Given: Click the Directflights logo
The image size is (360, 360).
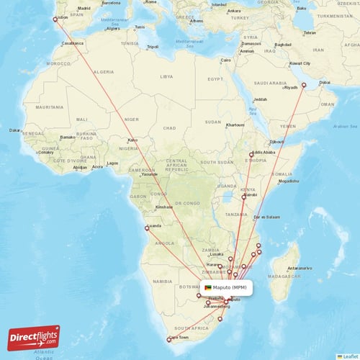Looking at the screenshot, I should [x=34, y=336].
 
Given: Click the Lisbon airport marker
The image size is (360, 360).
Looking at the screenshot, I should [x=55, y=19].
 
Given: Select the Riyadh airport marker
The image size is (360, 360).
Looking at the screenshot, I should [x=303, y=86].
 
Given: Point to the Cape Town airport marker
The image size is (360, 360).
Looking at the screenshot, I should [x=168, y=340].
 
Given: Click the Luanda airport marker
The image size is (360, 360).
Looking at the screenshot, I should [x=147, y=228].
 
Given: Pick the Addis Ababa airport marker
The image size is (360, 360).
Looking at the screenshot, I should [x=251, y=155].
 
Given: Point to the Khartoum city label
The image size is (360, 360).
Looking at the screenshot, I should [x=235, y=125].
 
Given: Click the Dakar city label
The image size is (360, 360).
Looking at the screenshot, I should [x=14, y=130].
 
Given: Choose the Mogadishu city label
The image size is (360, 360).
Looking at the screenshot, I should [x=288, y=181].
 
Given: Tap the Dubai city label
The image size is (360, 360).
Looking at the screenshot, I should [x=325, y=82].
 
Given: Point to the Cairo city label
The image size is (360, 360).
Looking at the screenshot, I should [x=225, y=60].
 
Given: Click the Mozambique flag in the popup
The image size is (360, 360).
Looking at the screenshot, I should [x=208, y=287].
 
